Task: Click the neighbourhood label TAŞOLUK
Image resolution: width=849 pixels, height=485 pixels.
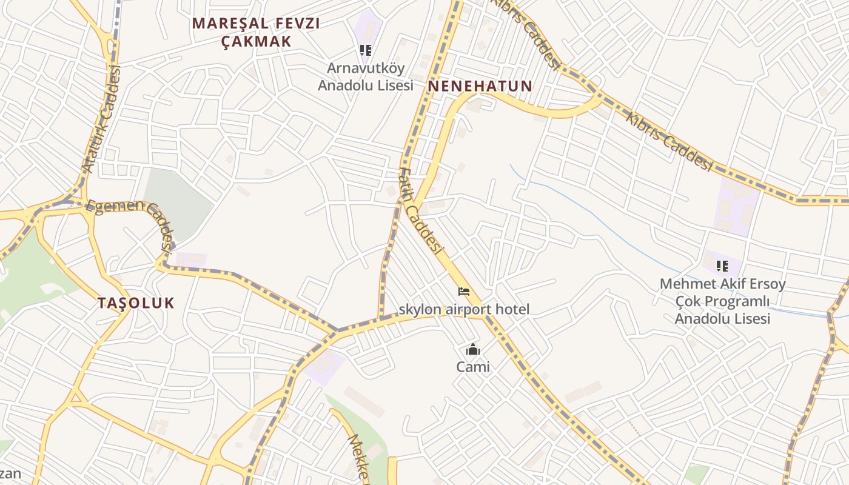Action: (136, 303)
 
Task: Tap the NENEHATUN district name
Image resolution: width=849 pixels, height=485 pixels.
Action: (480, 86)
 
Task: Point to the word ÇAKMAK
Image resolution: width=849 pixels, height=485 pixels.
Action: (256, 41)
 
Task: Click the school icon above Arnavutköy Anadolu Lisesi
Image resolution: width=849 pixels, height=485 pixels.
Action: (365, 50)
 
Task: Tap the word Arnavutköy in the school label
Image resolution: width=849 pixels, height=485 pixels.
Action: (366, 68)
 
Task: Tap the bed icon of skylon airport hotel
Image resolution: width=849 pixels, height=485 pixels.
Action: (464, 292)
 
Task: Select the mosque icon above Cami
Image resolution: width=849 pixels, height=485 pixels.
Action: (472, 350)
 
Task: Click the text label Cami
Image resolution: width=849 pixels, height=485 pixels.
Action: (472, 367)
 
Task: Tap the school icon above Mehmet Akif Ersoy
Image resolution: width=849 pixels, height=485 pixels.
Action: (722, 266)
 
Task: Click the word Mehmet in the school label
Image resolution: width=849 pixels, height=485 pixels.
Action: (683, 284)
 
